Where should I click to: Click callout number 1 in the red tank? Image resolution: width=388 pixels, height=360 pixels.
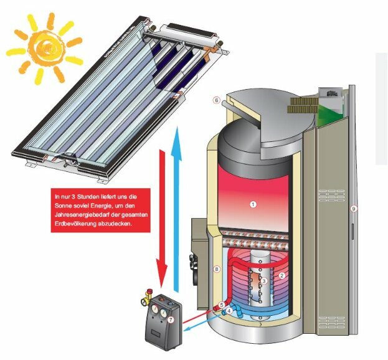(253, 204)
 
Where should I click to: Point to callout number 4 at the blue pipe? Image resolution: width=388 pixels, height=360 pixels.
(229, 310)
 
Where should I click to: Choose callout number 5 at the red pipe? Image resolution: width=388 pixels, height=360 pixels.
(222, 305)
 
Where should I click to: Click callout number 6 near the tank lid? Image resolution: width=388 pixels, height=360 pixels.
(216, 100)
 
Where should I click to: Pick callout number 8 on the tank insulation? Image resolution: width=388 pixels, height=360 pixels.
(217, 269)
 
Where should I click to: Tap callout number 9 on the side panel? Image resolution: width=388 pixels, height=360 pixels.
(353, 209)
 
